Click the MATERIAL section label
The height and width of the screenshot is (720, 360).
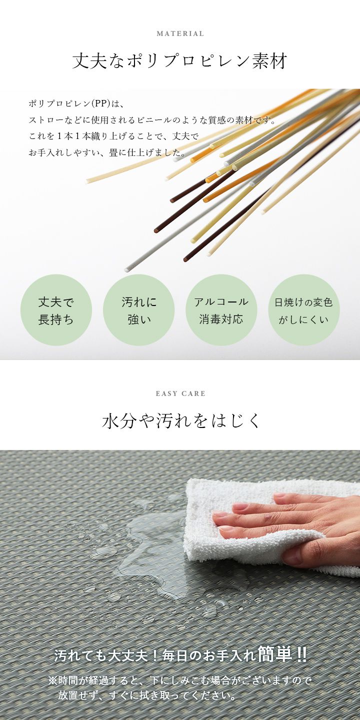pos(180,33)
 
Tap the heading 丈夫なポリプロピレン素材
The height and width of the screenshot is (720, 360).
pos(179,61)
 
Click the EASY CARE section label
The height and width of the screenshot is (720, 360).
pos(180,393)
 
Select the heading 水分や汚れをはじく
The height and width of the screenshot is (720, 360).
pos(180,420)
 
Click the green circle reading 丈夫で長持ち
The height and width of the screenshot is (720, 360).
pos(56,310)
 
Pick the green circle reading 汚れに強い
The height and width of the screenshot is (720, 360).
pos(139,310)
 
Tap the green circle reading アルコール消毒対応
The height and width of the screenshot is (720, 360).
pos(221,310)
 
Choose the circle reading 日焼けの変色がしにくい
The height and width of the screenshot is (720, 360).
pos(304,310)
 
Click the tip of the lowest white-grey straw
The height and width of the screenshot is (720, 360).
pos(126,269)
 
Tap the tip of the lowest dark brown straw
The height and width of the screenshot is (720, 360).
pos(185,259)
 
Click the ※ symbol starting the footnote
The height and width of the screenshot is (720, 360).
pos(52,680)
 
